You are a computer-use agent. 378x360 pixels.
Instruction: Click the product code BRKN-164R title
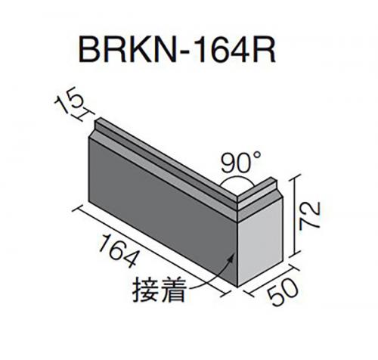coord(177,51)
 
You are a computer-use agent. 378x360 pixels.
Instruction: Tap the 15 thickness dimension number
coord(69,99)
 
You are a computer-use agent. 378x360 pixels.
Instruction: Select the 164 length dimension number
coord(119,250)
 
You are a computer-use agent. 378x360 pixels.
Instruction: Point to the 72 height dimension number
coord(309,216)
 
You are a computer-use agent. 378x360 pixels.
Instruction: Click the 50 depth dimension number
coord(283,292)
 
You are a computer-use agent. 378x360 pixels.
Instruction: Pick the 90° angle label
coord(241,163)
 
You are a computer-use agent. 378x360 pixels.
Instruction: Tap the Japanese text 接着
coord(160,290)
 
